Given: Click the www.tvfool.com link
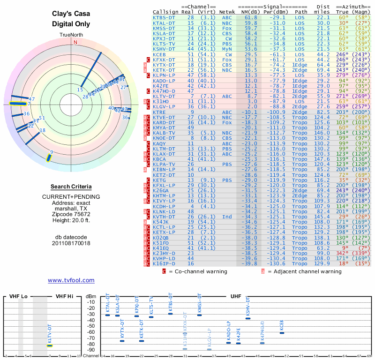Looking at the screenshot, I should point(71,280).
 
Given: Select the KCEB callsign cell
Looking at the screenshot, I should point(159,55).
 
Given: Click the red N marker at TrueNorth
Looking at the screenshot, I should point(75,42).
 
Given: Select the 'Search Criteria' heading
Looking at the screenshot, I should point(71,187).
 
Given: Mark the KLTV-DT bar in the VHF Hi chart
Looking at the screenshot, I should point(49,345).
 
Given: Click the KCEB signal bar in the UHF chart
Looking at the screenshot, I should point(282,332).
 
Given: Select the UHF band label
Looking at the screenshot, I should point(236,296).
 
